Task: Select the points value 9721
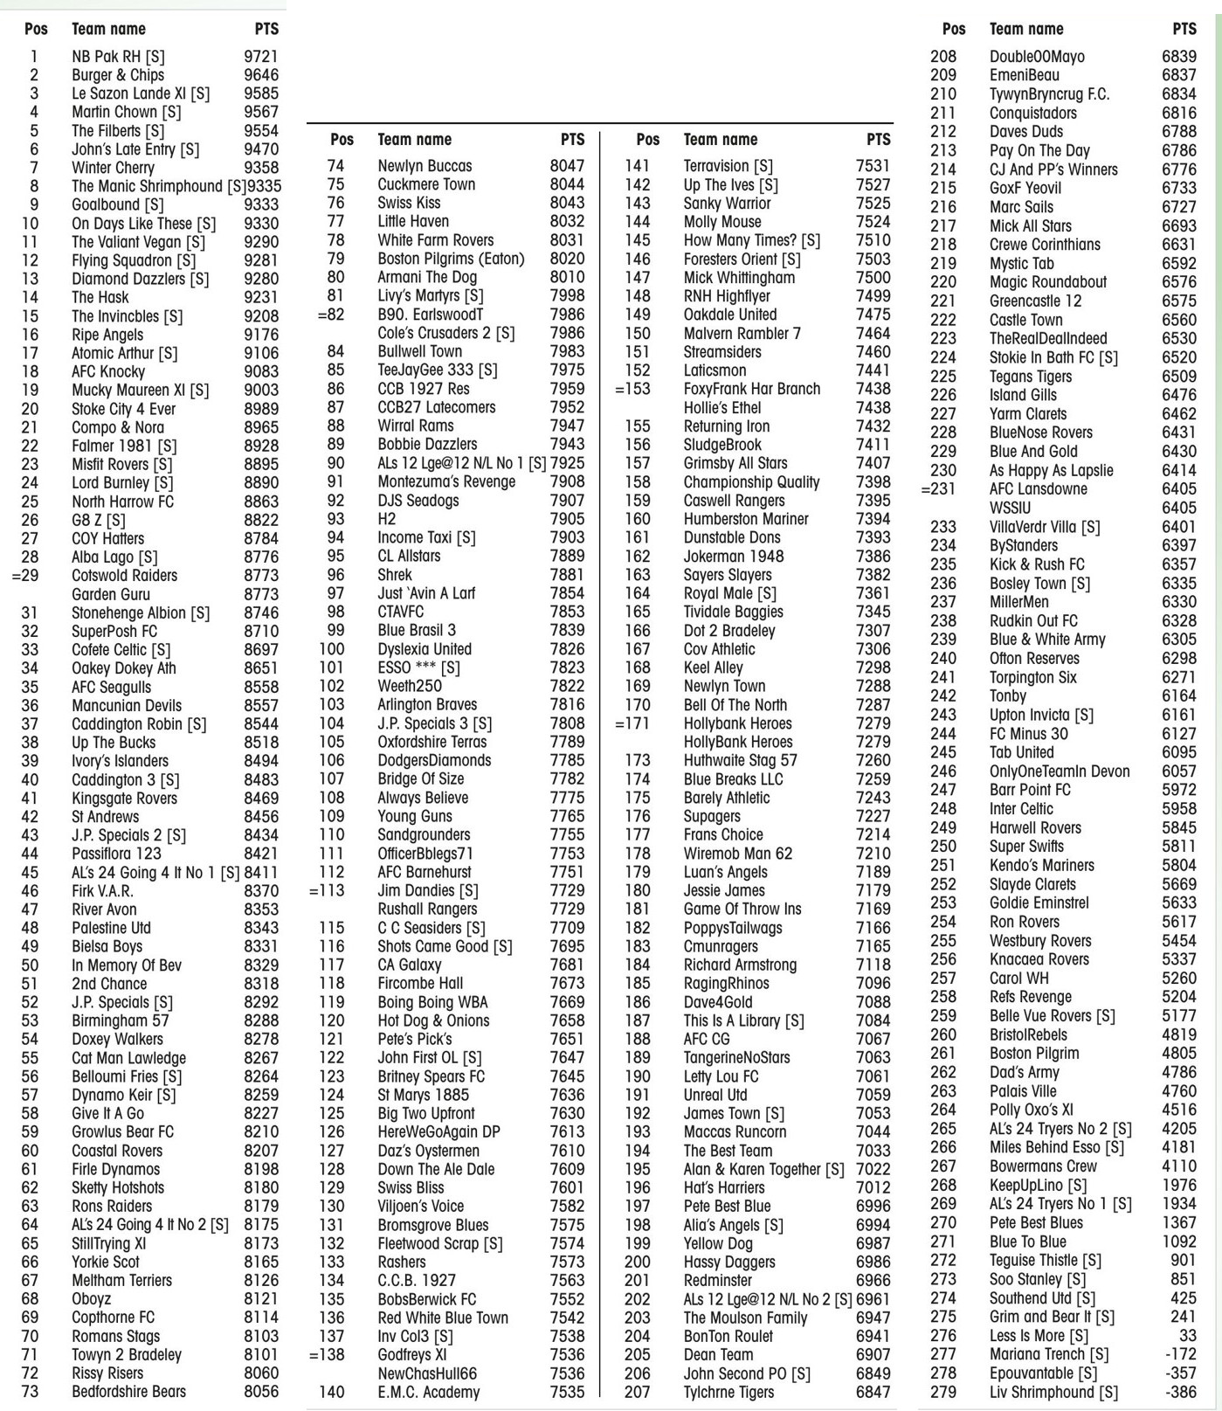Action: point(261,57)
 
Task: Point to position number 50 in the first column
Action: point(30,965)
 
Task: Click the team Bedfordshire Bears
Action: point(128,1392)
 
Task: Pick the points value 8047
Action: point(567,166)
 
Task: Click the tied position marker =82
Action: point(331,315)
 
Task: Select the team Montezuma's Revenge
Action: point(446,481)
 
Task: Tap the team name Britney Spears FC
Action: point(431,1076)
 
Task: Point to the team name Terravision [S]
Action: point(728,166)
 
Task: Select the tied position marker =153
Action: point(632,389)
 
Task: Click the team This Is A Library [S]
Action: point(743,1020)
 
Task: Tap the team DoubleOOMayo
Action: point(1037,57)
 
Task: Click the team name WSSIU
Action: point(1010,508)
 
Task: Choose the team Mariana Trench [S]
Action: point(1049,1354)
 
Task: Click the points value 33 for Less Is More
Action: point(1187,1336)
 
